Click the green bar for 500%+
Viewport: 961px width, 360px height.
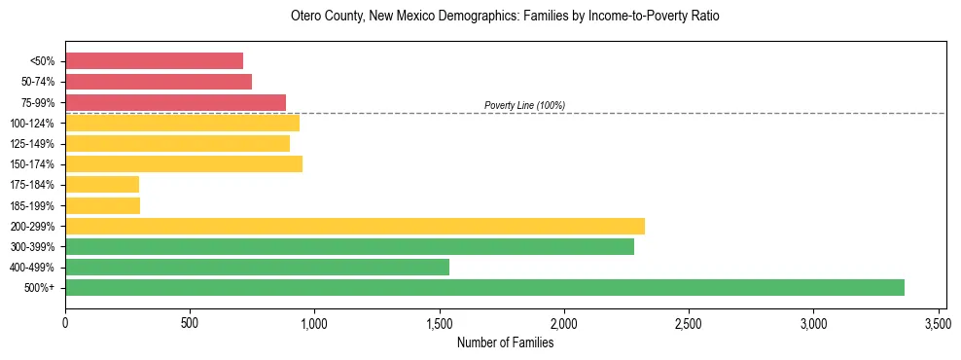pos(484,287)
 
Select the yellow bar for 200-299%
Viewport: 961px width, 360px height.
pos(355,226)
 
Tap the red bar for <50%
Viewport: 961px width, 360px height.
pos(154,60)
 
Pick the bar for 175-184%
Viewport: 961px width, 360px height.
pos(102,184)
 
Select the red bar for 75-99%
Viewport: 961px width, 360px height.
pos(175,102)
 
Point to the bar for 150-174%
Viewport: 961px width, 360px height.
pos(184,163)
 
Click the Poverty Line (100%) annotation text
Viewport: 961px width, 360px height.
pos(524,105)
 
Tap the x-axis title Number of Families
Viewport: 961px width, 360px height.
pos(505,342)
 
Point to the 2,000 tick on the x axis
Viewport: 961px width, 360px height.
pos(564,322)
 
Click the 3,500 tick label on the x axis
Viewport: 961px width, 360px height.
pos(938,322)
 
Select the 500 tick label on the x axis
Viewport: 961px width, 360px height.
pos(190,322)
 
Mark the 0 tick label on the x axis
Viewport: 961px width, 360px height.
pos(65,322)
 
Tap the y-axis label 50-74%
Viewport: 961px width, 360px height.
pos(37,82)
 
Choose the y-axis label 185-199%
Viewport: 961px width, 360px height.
pos(34,205)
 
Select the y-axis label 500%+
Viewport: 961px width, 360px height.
pos(40,288)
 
